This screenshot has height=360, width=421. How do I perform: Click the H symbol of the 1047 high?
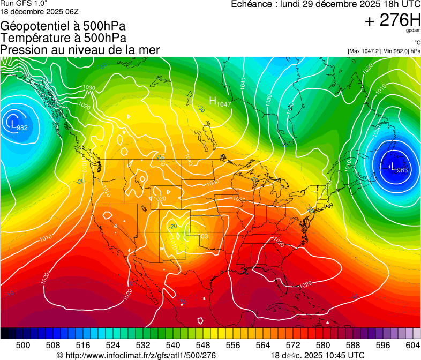pyautogui.click(x=213, y=100)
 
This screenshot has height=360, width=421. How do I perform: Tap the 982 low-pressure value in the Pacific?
pyautogui.click(x=22, y=127)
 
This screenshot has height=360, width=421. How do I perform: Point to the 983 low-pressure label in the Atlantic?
pyautogui.click(x=402, y=170)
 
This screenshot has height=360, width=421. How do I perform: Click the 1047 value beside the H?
pyautogui.click(x=224, y=104)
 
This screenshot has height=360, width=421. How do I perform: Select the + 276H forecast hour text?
pyautogui.click(x=392, y=20)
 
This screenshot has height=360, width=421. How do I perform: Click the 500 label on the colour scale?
pyautogui.click(x=22, y=345)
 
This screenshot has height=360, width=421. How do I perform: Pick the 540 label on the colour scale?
pyautogui.click(x=172, y=345)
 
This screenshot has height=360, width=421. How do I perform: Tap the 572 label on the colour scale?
pyautogui.click(x=292, y=345)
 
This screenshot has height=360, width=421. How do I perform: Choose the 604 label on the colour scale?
pyautogui.click(x=412, y=345)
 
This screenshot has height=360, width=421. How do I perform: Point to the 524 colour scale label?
pyautogui.click(x=112, y=345)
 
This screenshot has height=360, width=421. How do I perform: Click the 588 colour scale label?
pyautogui.click(x=352, y=345)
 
